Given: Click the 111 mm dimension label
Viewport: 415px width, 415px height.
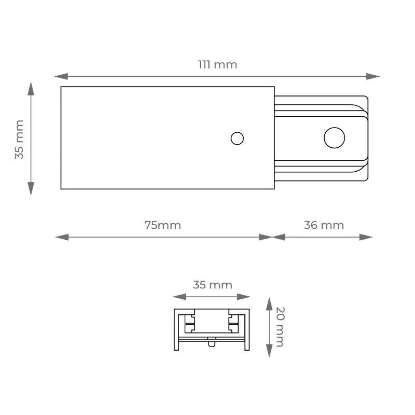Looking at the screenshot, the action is [217, 64].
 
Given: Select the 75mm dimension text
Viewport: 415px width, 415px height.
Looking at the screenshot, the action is [162, 225].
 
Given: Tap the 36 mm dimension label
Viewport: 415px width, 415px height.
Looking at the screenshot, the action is [324, 225].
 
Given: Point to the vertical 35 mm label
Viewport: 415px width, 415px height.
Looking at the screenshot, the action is [19, 140].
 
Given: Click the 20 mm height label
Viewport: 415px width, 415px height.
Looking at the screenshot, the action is [280, 327].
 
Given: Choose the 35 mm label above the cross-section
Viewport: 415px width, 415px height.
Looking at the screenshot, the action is [213, 285].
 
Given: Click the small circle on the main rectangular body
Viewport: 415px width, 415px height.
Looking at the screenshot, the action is [237, 139].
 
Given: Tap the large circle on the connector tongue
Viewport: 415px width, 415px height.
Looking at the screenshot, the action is [334, 137].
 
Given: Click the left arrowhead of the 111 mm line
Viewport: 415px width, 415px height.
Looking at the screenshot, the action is [61, 76].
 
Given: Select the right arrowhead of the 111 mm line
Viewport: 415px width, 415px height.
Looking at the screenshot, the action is [373, 76].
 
